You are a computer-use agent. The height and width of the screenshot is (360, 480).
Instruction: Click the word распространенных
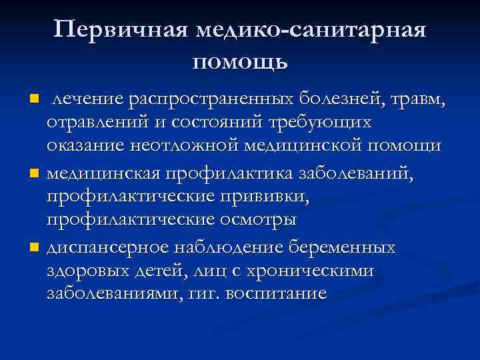(219, 100)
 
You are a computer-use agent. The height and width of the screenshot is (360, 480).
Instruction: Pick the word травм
(424, 100)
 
